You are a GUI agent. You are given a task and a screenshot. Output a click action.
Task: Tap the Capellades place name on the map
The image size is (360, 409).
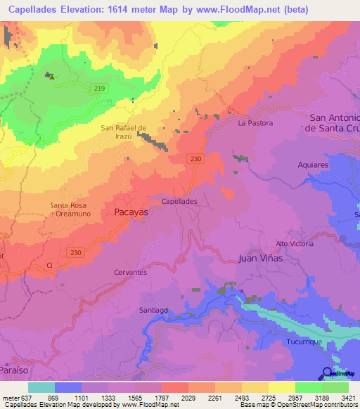[x=179, y=201]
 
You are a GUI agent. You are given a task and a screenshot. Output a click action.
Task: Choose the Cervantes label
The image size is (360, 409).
[x=130, y=272]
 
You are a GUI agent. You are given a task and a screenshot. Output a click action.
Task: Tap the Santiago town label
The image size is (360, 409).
[x=153, y=310]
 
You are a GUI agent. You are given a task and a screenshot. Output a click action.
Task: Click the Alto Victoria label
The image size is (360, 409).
[x=295, y=243]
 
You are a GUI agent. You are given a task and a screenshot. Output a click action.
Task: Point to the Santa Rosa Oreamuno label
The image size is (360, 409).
[x=68, y=209]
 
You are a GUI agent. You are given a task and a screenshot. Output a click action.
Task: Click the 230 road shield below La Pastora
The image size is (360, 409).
[x=196, y=160]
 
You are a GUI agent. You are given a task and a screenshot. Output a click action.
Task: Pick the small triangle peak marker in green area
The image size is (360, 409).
[x=51, y=77]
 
